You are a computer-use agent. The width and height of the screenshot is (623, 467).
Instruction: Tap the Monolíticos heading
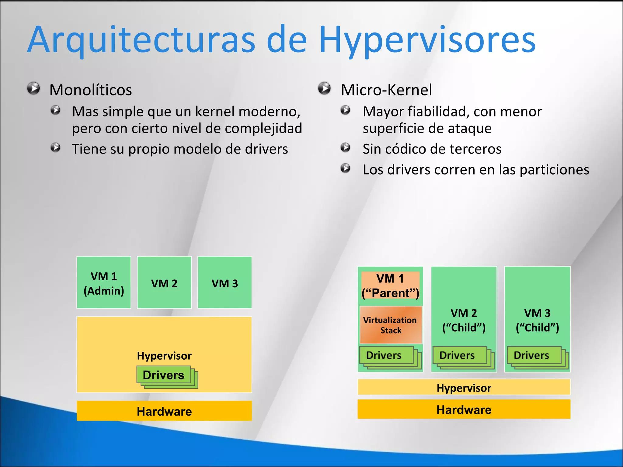click(91, 90)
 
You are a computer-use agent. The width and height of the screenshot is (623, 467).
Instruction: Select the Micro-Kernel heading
click(386, 90)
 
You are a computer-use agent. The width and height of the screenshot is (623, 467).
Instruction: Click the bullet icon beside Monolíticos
click(33, 88)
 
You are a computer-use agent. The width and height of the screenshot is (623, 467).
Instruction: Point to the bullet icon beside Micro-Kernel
click(324, 88)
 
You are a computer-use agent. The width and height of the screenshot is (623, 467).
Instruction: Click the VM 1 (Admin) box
click(104, 282)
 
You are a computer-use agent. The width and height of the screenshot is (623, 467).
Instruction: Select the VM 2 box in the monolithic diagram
click(164, 282)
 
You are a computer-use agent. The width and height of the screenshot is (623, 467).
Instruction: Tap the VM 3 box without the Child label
click(225, 282)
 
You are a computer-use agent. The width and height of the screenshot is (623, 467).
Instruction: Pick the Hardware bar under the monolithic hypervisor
click(164, 411)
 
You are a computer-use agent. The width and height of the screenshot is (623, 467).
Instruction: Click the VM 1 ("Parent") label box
click(390, 285)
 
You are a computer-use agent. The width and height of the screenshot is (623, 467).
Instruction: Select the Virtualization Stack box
click(391, 325)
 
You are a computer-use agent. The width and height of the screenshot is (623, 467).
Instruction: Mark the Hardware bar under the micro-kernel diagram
click(464, 410)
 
